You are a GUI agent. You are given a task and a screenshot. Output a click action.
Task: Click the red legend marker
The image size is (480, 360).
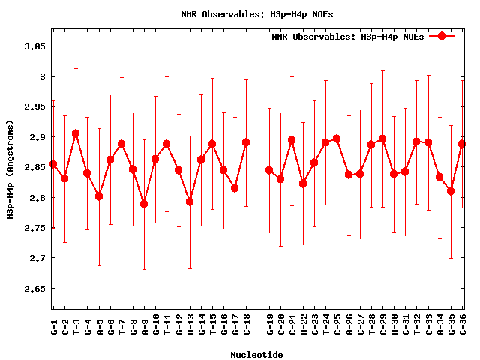(x=442, y=36)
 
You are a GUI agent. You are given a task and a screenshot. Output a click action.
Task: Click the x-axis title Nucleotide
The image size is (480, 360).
(x=256, y=355)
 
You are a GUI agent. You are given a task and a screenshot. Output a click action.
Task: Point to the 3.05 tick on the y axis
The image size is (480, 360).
(x=35, y=46)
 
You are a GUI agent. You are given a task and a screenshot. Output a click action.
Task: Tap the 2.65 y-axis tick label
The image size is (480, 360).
(x=35, y=289)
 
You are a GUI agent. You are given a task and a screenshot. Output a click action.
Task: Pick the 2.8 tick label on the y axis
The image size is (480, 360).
(x=38, y=198)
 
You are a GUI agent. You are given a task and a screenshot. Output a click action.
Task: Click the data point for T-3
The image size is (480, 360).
(x=76, y=133)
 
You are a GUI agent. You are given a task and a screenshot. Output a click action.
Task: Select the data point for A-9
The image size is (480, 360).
(x=144, y=204)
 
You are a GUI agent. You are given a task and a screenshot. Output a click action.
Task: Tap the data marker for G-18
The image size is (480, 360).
(x=246, y=142)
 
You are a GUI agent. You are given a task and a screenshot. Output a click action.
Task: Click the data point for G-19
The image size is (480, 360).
(x=269, y=170)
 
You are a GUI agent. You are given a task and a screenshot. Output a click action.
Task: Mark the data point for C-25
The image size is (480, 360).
(x=337, y=139)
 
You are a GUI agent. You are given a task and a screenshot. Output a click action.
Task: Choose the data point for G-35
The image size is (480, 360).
(x=451, y=191)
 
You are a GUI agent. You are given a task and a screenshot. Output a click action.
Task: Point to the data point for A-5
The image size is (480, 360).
(x=99, y=196)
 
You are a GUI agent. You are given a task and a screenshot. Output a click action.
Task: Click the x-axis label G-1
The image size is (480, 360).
(x=53, y=326)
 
